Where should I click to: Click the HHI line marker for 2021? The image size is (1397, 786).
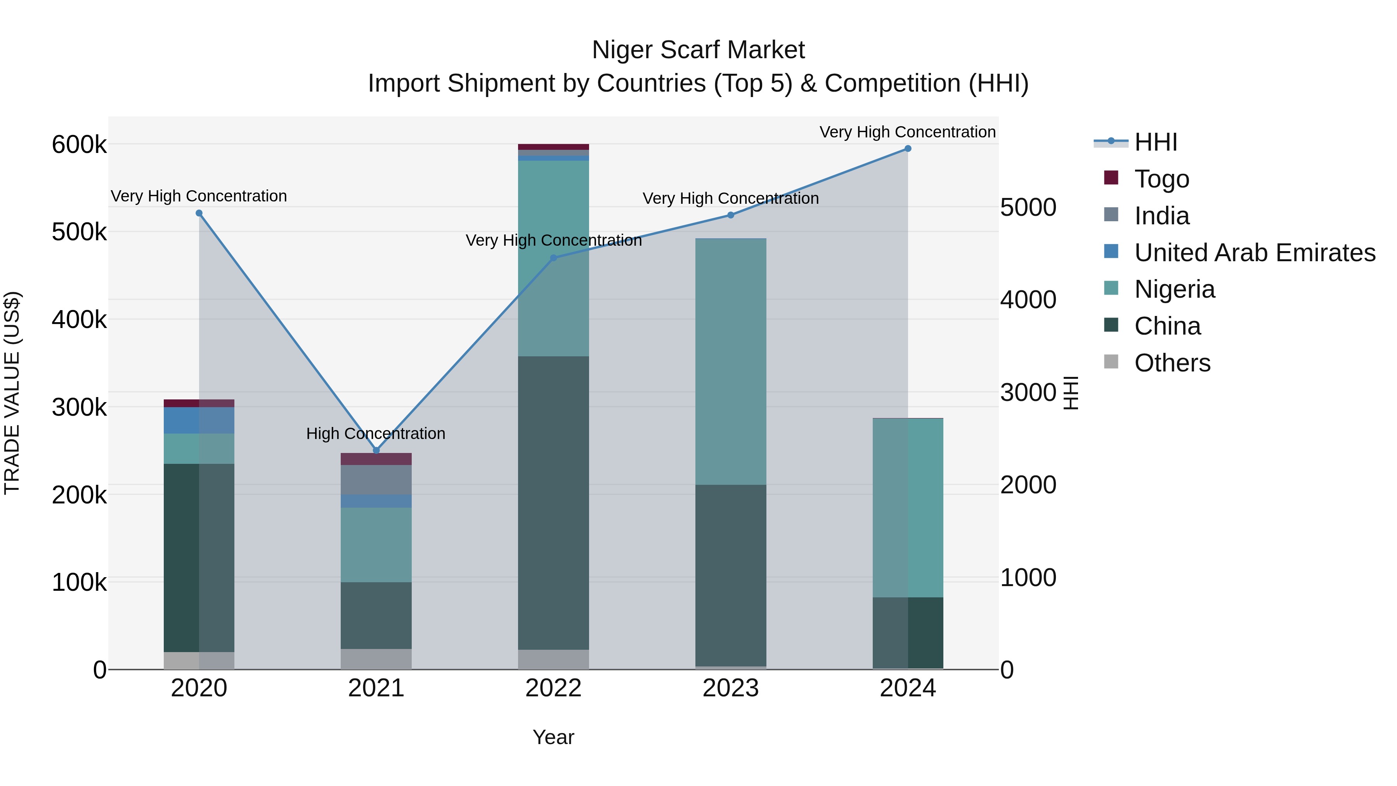pyautogui.click(x=376, y=450)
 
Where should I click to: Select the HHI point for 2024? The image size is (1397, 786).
pyautogui.click(x=908, y=149)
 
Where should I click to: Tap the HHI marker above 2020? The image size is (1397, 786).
pyautogui.click(x=199, y=213)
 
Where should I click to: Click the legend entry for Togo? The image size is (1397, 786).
pyautogui.click(x=1161, y=179)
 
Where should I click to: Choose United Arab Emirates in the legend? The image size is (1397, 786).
pyautogui.click(x=1254, y=253)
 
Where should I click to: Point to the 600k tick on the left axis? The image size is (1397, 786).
pyautogui.click(x=79, y=145)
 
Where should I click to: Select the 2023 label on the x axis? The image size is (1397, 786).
pyautogui.click(x=730, y=688)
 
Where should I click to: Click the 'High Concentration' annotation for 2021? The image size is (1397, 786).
pyautogui.click(x=376, y=434)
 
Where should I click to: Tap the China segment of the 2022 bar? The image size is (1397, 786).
pyautogui.click(x=553, y=502)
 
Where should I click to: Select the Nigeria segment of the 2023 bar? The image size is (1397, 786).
pyautogui.click(x=730, y=361)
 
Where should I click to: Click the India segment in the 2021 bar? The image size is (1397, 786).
pyautogui.click(x=376, y=479)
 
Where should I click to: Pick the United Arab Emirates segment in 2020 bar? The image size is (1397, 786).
pyautogui.click(x=199, y=420)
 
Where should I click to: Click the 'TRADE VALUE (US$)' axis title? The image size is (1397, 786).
pyautogui.click(x=12, y=393)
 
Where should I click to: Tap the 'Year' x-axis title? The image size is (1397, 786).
pyautogui.click(x=553, y=737)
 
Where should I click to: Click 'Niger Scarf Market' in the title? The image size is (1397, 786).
pyautogui.click(x=698, y=50)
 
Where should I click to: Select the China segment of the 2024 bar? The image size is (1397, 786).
pyautogui.click(x=908, y=633)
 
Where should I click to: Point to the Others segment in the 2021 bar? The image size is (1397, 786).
pyautogui.click(x=376, y=659)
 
